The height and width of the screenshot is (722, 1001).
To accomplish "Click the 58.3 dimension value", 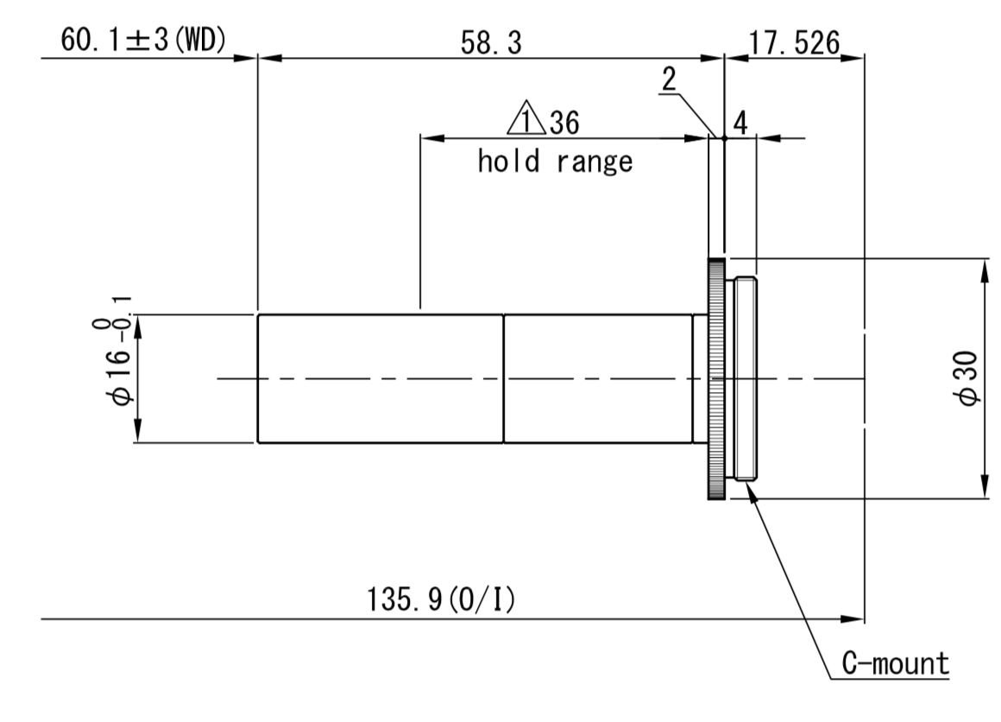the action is click(x=491, y=43).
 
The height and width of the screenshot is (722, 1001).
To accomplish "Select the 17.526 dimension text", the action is click(x=794, y=43).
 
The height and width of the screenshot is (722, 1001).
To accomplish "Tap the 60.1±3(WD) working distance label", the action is click(x=143, y=40).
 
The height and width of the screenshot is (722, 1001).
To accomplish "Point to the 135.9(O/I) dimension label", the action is click(x=440, y=600).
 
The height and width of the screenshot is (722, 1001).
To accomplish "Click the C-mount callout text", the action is click(x=895, y=663).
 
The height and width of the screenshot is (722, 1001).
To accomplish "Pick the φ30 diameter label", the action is click(x=968, y=377).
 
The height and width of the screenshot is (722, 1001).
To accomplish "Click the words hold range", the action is click(x=555, y=161).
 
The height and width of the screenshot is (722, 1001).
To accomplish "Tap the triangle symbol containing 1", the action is click(x=526, y=118).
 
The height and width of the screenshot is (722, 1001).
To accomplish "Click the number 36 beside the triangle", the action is click(x=564, y=123).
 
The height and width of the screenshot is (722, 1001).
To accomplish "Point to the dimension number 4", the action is click(x=740, y=122).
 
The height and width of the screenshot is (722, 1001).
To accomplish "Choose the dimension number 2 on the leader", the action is click(x=669, y=79).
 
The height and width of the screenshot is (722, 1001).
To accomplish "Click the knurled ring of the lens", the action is click(x=716, y=378).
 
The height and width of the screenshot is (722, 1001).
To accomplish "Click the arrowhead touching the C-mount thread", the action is click(x=750, y=490).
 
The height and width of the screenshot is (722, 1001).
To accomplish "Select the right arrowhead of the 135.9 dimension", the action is click(x=853, y=619).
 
